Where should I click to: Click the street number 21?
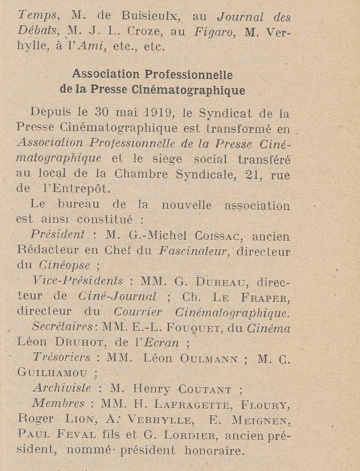click(253, 175)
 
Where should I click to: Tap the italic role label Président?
click(57, 235)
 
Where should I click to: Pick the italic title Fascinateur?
click(193, 251)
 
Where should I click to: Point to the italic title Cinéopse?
click(64, 265)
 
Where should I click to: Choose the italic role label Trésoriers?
click(62, 358)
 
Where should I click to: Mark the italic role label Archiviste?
click(62, 389)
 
